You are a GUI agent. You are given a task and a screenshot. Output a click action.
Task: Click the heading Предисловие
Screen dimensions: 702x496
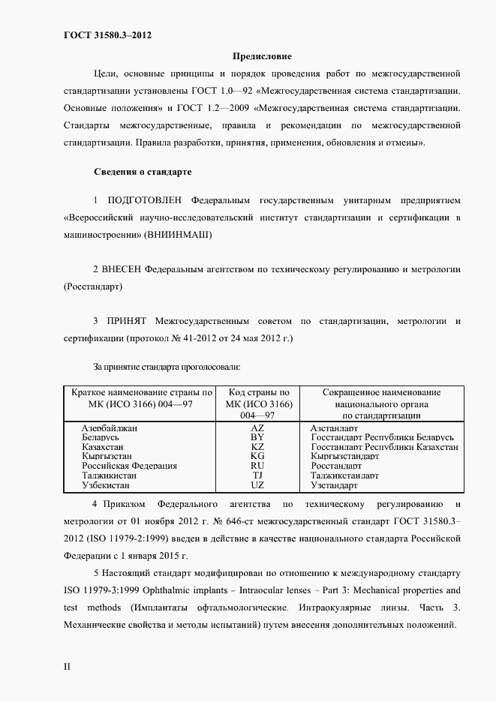click(x=262, y=56)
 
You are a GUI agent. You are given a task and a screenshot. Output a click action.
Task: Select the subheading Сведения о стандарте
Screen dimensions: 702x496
click(x=143, y=172)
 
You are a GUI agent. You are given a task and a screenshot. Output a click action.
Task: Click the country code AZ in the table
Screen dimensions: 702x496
click(x=257, y=427)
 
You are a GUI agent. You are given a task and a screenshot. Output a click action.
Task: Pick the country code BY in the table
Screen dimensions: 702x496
click(x=257, y=436)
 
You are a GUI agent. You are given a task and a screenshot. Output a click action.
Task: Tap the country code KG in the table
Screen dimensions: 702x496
click(x=257, y=456)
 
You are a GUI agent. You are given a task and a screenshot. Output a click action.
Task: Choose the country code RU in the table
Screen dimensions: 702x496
click(x=257, y=466)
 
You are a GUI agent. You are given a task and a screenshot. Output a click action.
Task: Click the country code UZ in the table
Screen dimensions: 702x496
click(x=257, y=485)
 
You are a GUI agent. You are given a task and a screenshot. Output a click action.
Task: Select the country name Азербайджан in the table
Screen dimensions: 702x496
click(x=115, y=427)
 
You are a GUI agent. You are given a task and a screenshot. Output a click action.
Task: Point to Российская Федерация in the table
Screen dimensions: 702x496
click(x=129, y=466)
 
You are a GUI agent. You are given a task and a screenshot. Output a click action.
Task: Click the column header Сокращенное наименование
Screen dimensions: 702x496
click(x=381, y=392)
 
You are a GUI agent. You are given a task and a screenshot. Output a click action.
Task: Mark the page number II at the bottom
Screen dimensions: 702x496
click(x=67, y=666)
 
